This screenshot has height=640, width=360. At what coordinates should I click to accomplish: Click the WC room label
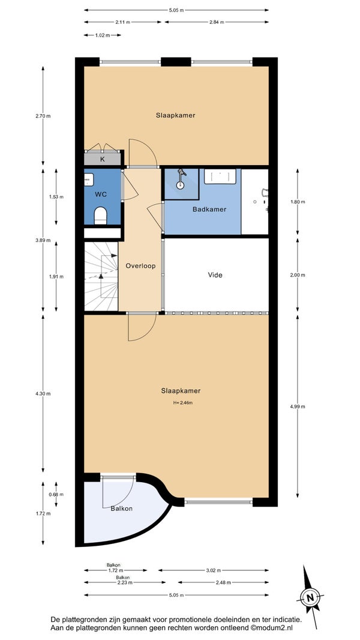(101, 195)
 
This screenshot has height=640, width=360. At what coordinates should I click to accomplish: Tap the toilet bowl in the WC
(100, 216)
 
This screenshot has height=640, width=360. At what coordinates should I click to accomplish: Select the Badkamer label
(209, 210)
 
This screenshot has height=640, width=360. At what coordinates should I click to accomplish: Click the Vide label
(215, 275)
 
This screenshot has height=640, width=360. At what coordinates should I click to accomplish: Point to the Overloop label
(140, 266)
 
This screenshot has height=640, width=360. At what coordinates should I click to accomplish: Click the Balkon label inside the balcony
(121, 509)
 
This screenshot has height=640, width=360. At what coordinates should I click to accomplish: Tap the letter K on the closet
(103, 159)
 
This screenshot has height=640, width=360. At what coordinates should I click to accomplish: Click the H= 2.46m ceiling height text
(182, 403)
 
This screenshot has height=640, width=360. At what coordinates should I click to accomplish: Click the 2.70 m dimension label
(43, 116)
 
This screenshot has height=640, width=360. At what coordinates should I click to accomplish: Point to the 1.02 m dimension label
(103, 35)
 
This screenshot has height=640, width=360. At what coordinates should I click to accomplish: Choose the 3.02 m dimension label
(213, 570)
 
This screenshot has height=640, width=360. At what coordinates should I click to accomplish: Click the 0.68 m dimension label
(56, 495)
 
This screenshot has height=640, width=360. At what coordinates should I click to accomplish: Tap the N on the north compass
(310, 598)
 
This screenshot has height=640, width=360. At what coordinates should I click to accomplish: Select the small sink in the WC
(89, 180)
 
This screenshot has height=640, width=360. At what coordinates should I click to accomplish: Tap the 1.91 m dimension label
(56, 277)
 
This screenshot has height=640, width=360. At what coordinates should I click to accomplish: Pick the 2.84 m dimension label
(217, 22)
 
